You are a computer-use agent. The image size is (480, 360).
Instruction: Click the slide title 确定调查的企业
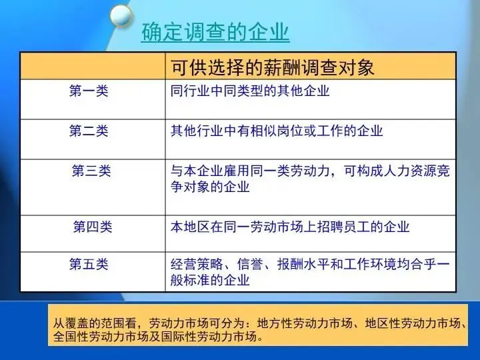[215, 31]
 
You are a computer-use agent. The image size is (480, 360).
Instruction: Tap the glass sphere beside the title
[121, 15]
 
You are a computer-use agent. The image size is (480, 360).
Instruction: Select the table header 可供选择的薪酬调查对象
[273, 67]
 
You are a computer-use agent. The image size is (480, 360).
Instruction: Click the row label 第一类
[89, 91]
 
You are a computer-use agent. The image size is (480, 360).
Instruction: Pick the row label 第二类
[89, 131]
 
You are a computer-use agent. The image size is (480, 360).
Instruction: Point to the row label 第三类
[91, 171]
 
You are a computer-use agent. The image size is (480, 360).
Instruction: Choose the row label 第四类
[93, 227]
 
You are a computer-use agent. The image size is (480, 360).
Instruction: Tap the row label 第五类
[89, 264]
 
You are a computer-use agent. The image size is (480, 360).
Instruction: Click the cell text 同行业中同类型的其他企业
[250, 91]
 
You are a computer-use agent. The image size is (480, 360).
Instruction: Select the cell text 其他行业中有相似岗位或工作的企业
[277, 131]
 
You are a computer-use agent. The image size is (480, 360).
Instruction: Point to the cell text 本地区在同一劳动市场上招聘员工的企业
[290, 227]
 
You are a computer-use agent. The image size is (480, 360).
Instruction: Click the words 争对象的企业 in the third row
[210, 187]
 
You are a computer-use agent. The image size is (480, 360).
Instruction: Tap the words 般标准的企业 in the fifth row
[210, 280]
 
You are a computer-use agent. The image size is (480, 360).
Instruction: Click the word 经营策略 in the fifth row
[197, 264]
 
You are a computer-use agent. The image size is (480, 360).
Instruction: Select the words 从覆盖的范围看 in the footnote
[94, 323]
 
